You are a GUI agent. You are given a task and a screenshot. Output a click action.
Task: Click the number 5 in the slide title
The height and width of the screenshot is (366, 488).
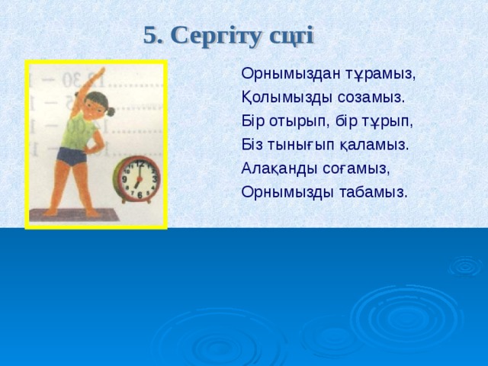pos(149,35)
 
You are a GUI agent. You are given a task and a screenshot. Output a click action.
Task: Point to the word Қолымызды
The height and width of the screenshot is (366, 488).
pos(283,98)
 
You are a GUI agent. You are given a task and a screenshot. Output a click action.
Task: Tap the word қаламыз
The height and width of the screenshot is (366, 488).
pos(380,145)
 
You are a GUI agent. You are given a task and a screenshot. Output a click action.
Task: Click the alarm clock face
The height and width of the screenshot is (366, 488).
pos(139,179)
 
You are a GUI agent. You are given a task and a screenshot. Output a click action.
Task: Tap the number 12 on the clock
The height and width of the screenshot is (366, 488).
pos(140,164)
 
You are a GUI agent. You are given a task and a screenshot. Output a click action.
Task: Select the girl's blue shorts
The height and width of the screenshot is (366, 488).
pos(72,158)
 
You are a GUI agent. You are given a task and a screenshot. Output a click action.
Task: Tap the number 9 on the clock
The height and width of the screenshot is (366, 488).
pos(125,180)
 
